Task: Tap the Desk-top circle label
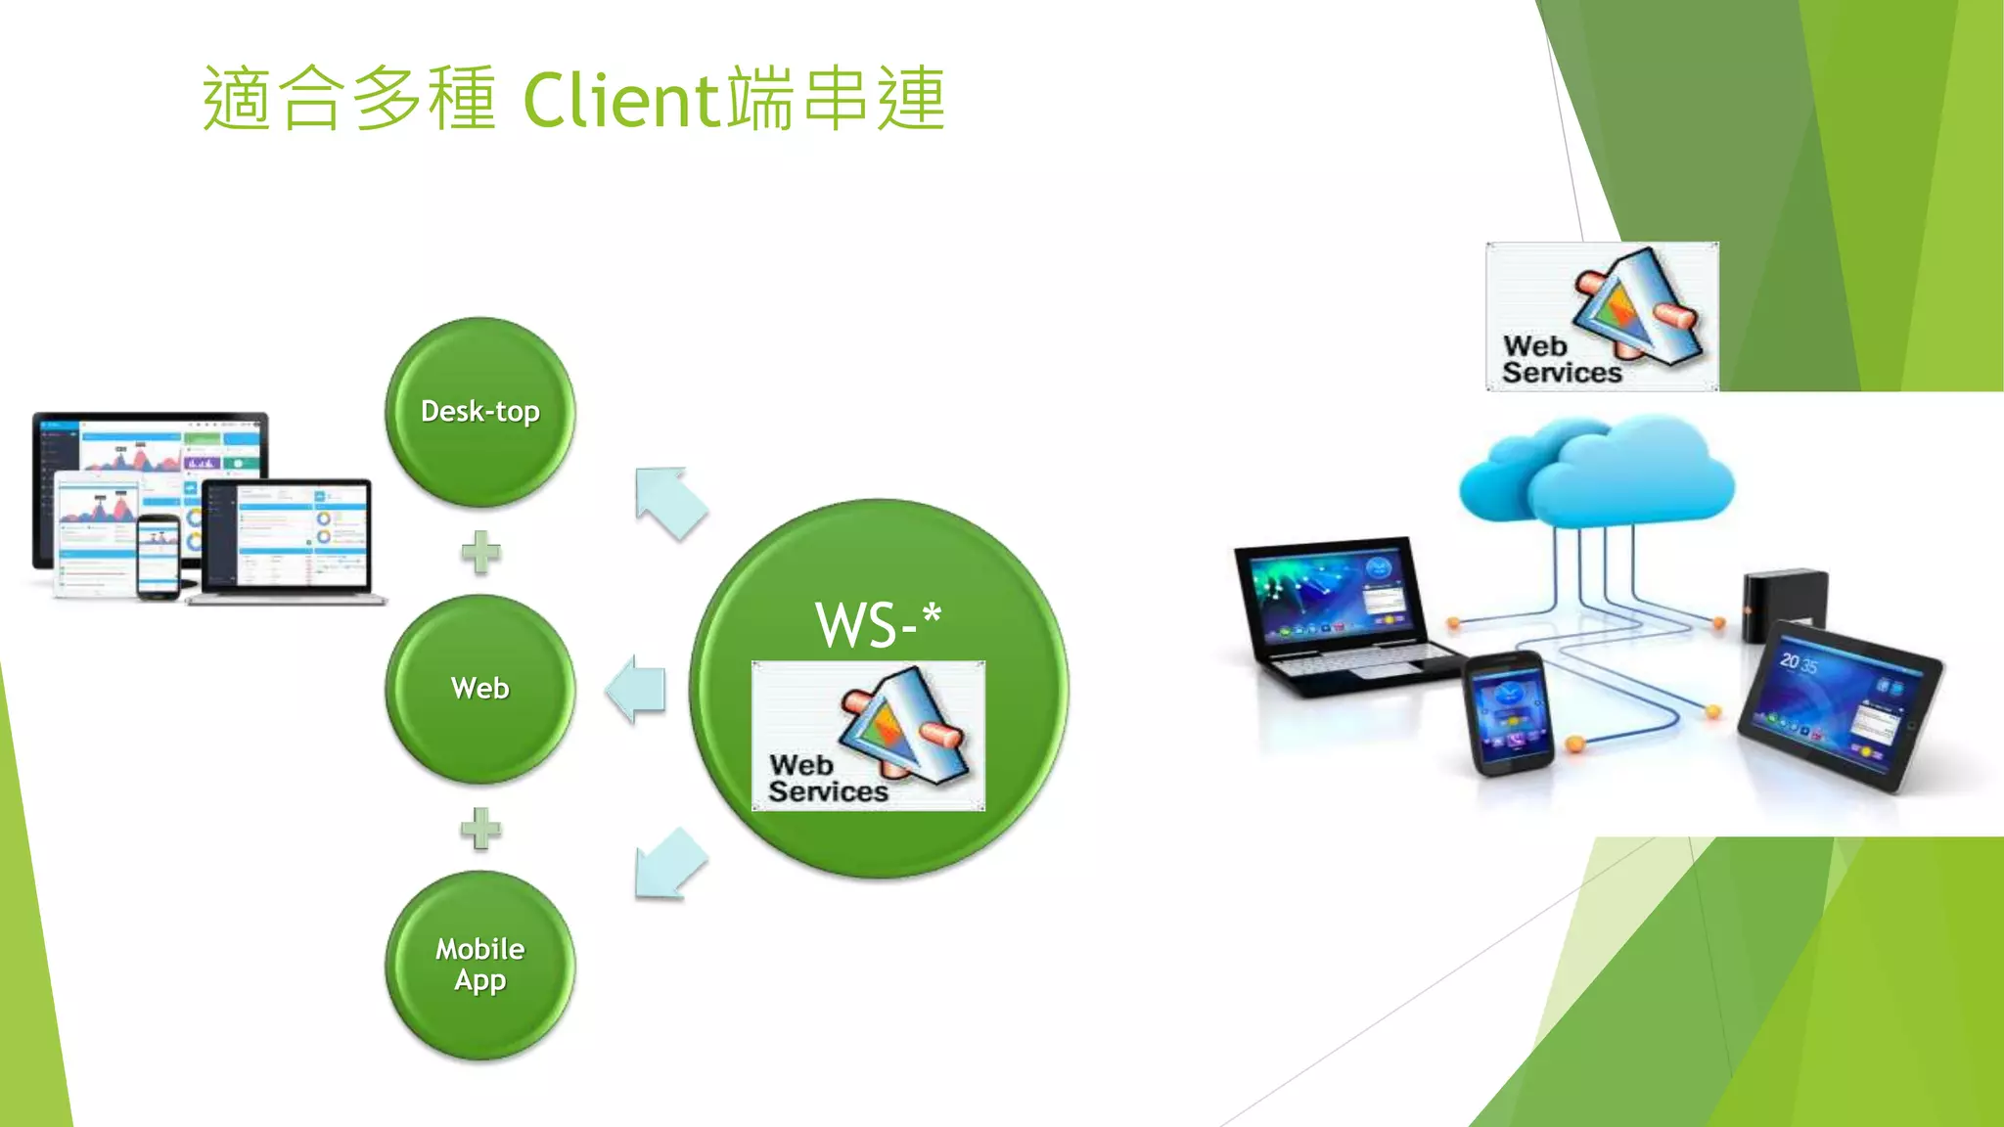click(479, 411)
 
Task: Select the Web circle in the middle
click(479, 688)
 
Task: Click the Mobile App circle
click(479, 965)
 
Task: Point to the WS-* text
click(878, 624)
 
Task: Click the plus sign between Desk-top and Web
click(480, 552)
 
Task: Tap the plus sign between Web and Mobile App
click(480, 829)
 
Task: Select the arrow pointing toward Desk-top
click(669, 502)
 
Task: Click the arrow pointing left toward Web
click(637, 689)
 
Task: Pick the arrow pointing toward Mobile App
click(669, 864)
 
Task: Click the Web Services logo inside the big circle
click(868, 736)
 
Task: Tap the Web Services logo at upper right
click(1602, 317)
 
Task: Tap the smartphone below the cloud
click(1508, 715)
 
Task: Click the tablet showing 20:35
click(1840, 704)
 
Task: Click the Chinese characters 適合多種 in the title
click(348, 100)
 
